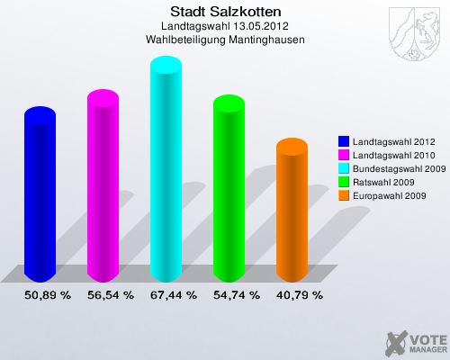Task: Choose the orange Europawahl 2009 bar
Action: click(291, 211)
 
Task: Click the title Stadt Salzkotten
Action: click(225, 12)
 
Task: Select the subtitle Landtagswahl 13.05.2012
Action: click(225, 26)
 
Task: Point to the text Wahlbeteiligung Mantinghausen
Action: click(225, 40)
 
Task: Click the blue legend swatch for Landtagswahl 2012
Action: click(344, 142)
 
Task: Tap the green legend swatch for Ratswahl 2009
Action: click(344, 182)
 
